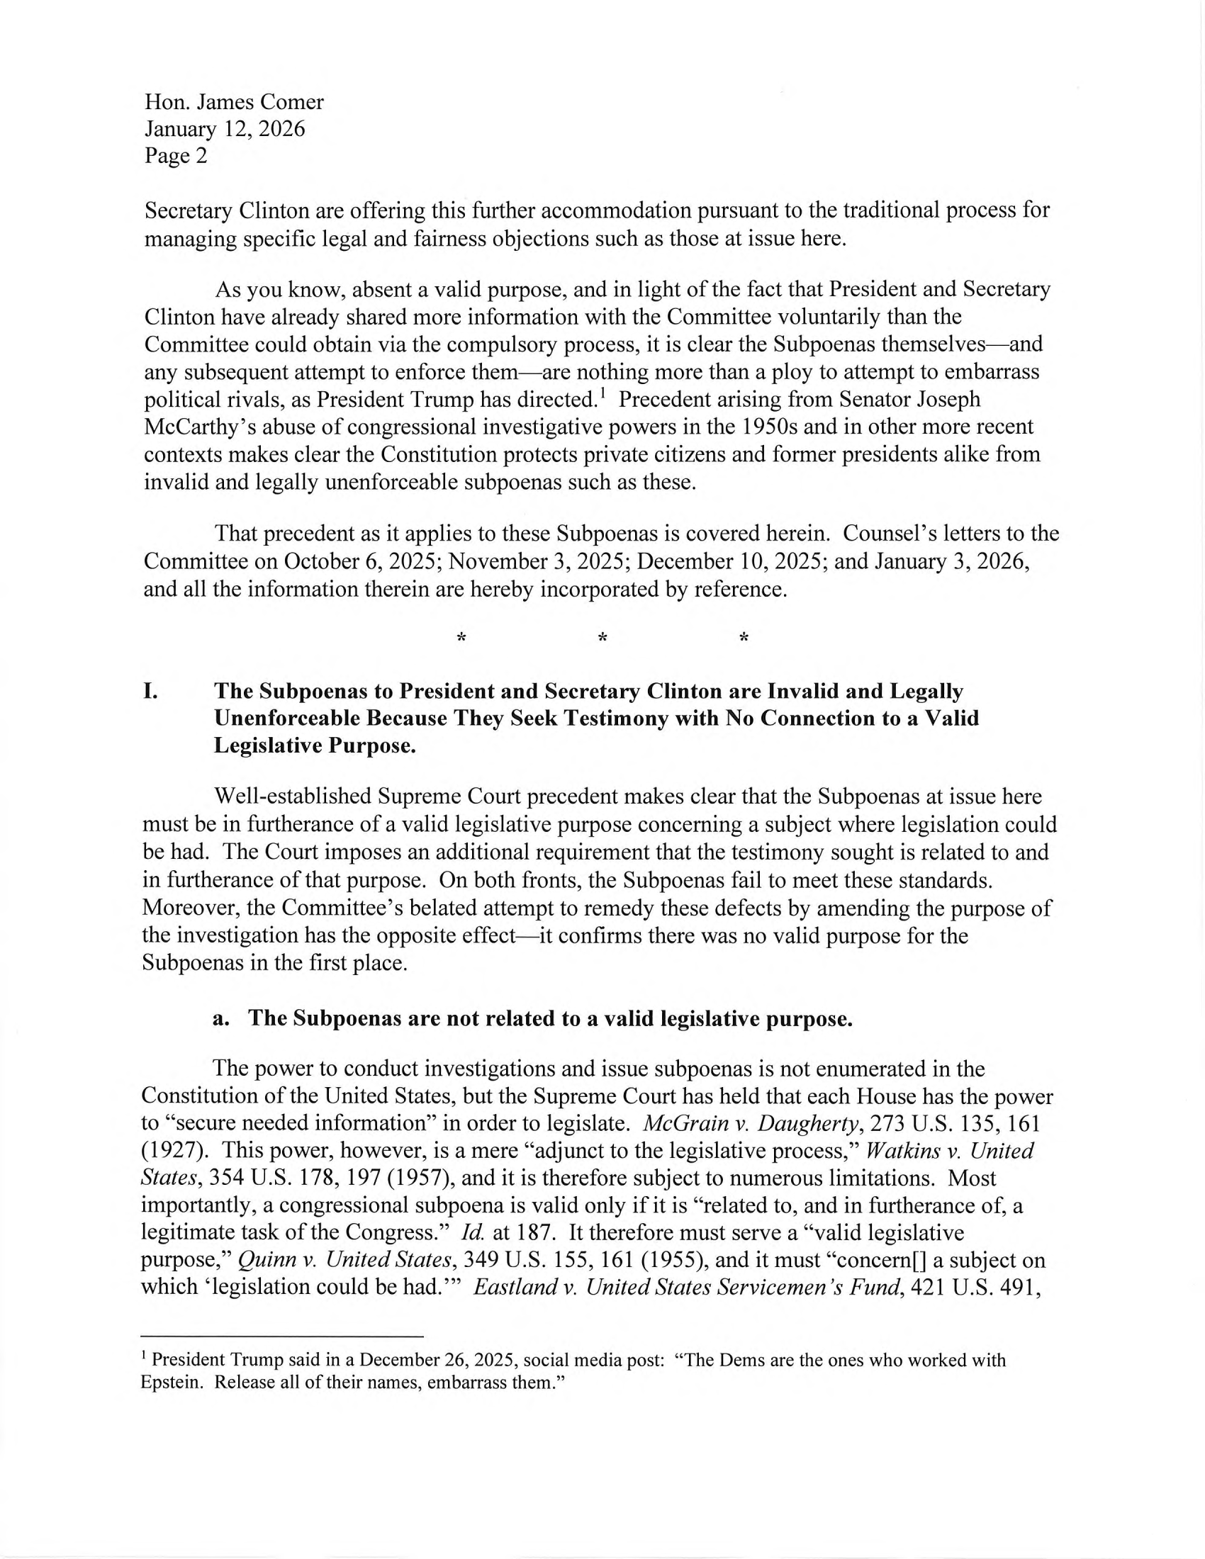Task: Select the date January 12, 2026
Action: click(225, 129)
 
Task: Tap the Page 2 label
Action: click(176, 156)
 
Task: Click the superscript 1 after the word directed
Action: click(602, 394)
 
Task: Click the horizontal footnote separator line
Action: click(283, 1336)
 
